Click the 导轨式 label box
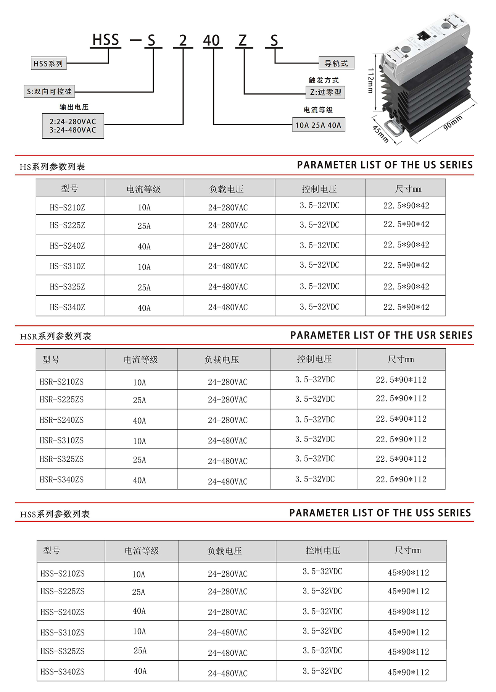click(x=336, y=63)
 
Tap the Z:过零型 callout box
click(x=325, y=92)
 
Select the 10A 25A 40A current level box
click(x=319, y=125)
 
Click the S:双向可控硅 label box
click(x=49, y=92)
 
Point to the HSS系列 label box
click(x=48, y=63)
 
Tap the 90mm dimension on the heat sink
click(x=453, y=123)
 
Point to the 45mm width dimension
click(x=380, y=134)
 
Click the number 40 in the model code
click(x=211, y=40)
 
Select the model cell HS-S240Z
click(x=68, y=246)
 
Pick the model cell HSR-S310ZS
click(x=62, y=440)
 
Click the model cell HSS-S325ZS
click(x=63, y=651)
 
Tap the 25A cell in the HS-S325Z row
click(x=144, y=287)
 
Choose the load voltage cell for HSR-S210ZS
click(x=228, y=382)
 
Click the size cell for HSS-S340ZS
click(x=408, y=672)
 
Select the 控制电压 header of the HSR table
click(x=314, y=359)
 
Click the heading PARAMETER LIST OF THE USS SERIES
click(x=380, y=513)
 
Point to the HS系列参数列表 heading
click(x=52, y=167)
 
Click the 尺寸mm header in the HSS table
click(x=407, y=550)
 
